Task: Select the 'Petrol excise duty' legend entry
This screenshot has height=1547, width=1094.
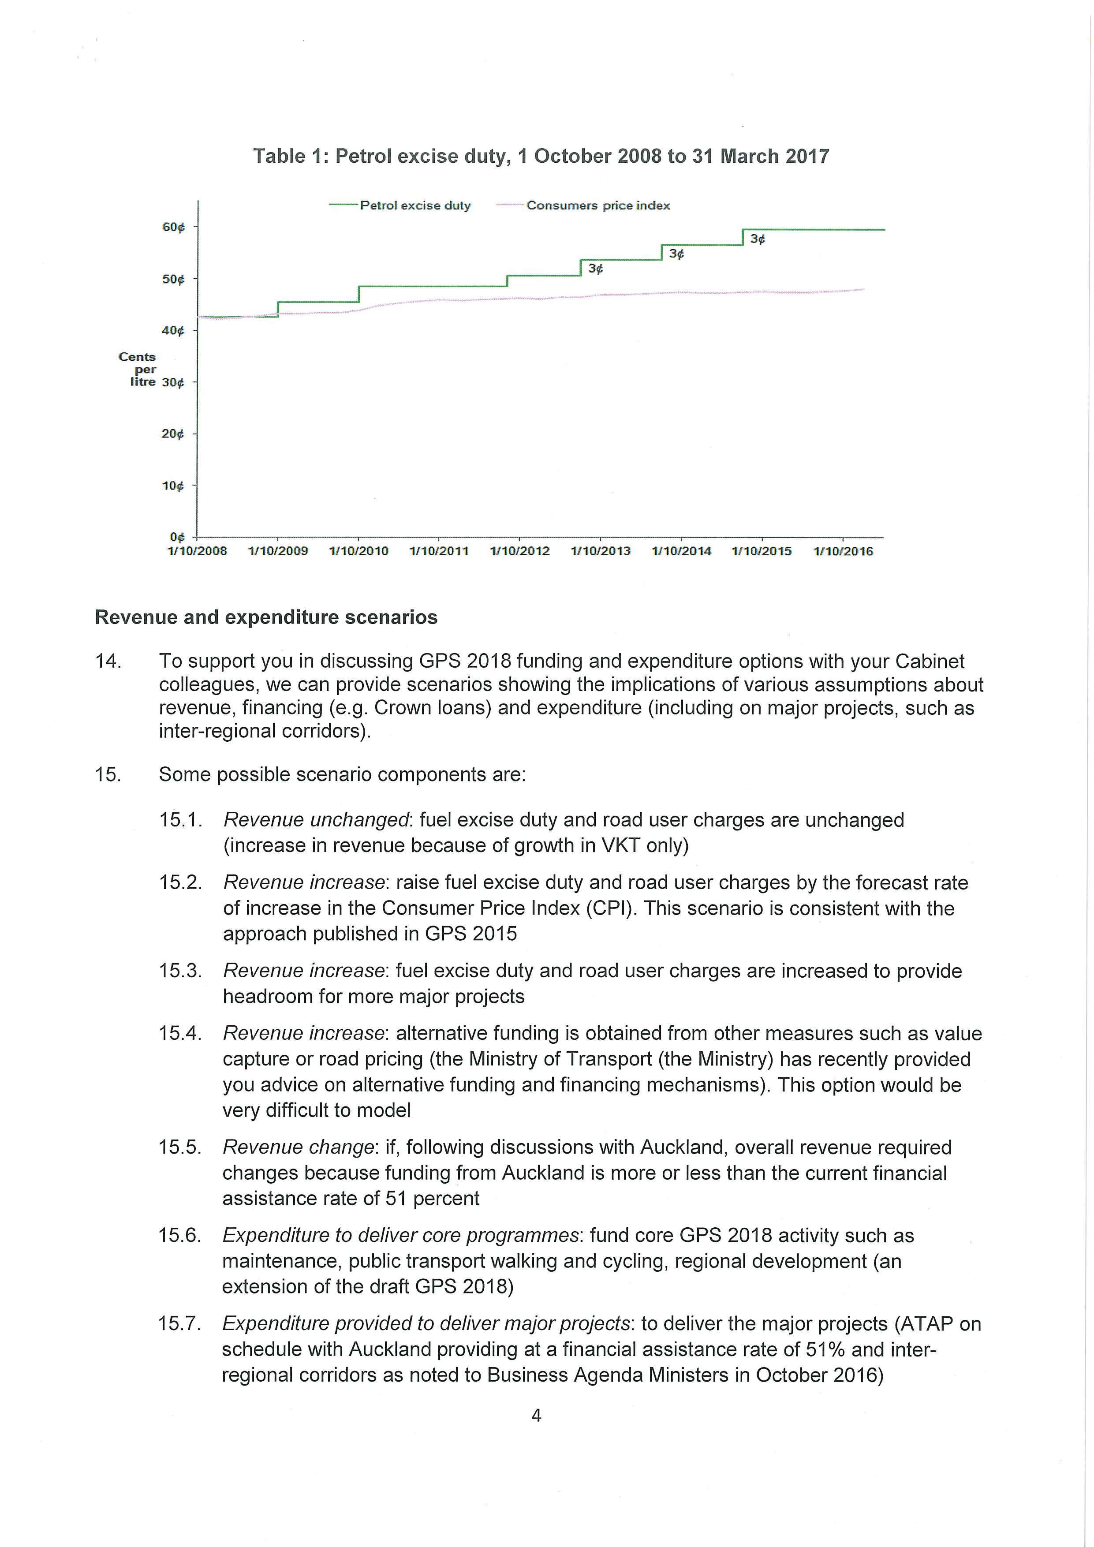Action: point(415,206)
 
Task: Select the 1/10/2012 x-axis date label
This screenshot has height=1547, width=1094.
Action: point(519,551)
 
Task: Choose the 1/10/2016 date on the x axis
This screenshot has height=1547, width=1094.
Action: point(843,551)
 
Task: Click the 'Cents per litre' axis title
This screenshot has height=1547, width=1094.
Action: point(138,369)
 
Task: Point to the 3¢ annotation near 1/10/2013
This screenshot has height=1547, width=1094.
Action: point(595,269)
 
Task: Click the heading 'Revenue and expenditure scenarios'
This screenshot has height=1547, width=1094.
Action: point(266,617)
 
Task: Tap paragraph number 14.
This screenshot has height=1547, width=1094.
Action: point(108,661)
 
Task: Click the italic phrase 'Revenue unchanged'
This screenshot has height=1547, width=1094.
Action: point(316,820)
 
